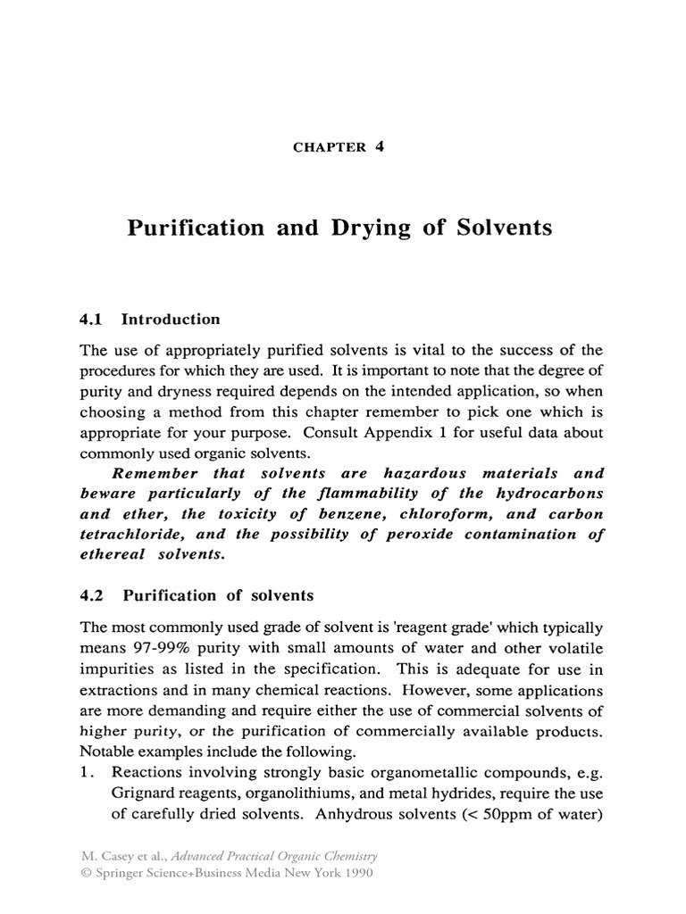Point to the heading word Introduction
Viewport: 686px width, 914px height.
click(171, 320)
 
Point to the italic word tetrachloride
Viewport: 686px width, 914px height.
click(134, 535)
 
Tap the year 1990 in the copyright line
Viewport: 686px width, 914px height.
click(353, 873)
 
